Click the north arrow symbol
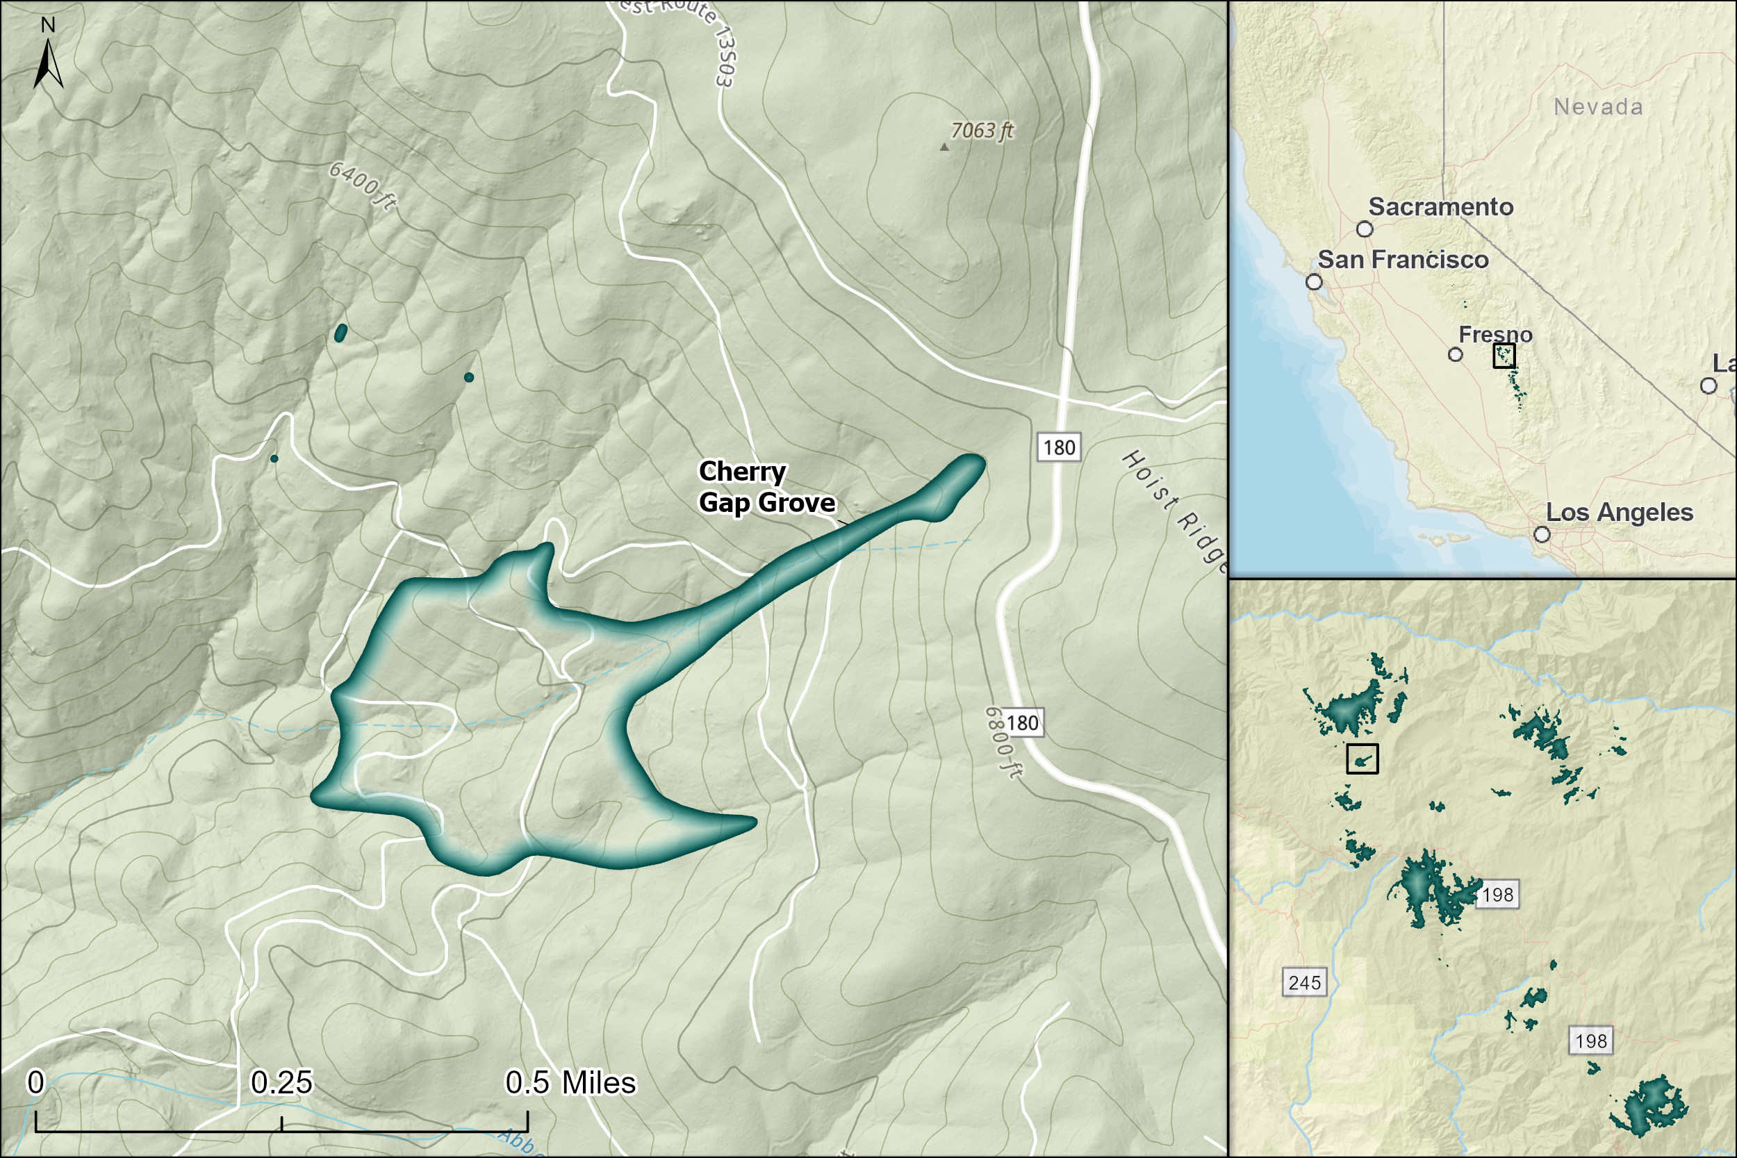click(48, 63)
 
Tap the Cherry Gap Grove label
click(766, 487)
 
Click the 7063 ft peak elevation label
click(982, 131)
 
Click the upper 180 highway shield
click(1059, 447)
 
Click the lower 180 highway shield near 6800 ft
click(1022, 723)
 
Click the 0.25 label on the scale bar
click(281, 1083)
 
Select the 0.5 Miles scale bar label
click(570, 1083)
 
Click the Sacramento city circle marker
click(1365, 230)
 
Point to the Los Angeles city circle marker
click(1542, 534)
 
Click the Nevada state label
click(1598, 107)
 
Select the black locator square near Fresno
click(1504, 356)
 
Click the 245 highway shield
click(1304, 982)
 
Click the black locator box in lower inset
click(1362, 759)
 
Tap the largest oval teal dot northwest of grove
click(340, 333)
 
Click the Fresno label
click(1495, 335)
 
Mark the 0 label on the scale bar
click(35, 1083)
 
